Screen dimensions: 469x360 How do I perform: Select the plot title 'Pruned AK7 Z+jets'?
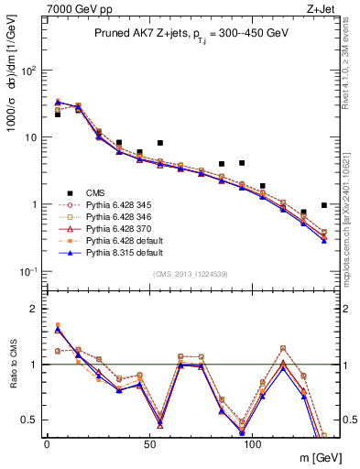138,33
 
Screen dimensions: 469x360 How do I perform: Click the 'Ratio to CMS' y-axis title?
14,364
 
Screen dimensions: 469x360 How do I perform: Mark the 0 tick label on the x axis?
47,442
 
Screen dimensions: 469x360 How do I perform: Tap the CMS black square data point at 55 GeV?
159,143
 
